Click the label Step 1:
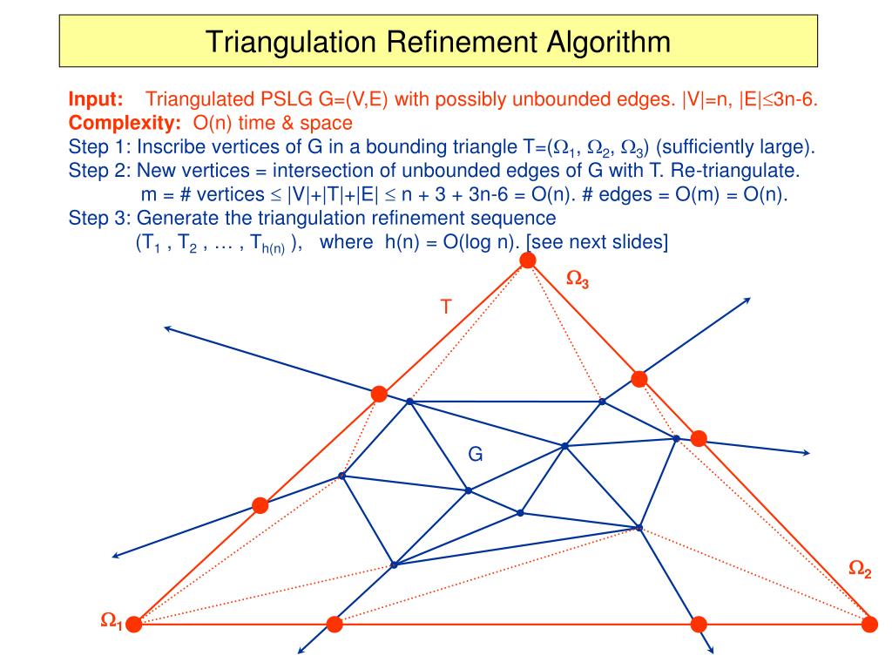[98, 145]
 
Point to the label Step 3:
[98, 218]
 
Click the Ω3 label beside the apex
[578, 280]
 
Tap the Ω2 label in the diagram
[860, 571]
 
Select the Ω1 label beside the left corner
[111, 620]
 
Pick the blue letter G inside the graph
[476, 454]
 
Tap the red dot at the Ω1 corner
[134, 624]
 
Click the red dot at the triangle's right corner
[869, 624]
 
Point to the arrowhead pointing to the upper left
[166, 328]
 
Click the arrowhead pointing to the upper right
[747, 301]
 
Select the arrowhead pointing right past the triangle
[806, 453]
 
